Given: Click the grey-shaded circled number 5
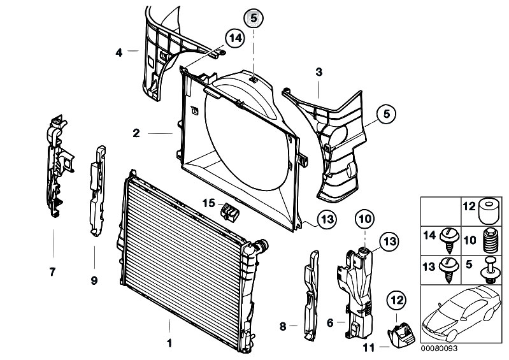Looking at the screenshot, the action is (254, 19).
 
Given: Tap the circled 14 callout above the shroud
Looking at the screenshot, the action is (234, 38).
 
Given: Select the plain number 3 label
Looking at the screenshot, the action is (319, 72).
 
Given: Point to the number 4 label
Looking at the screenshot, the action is (119, 52).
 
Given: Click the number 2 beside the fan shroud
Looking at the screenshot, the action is (136, 133).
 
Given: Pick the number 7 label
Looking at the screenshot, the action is (53, 271).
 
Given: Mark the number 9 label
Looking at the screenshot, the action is (94, 280).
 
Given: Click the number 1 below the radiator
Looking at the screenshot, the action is (169, 343).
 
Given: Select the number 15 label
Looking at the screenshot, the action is (209, 203).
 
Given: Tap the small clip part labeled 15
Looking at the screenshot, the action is (229, 212).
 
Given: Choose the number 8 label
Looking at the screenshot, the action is (283, 326).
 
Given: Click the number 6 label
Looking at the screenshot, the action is (330, 323).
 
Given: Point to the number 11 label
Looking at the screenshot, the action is (368, 348).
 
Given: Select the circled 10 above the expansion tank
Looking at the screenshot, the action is (365, 219).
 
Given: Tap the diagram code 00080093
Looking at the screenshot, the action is (439, 349).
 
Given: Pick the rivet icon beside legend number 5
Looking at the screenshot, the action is (491, 270).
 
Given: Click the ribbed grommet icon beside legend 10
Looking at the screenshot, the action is (491, 241).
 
